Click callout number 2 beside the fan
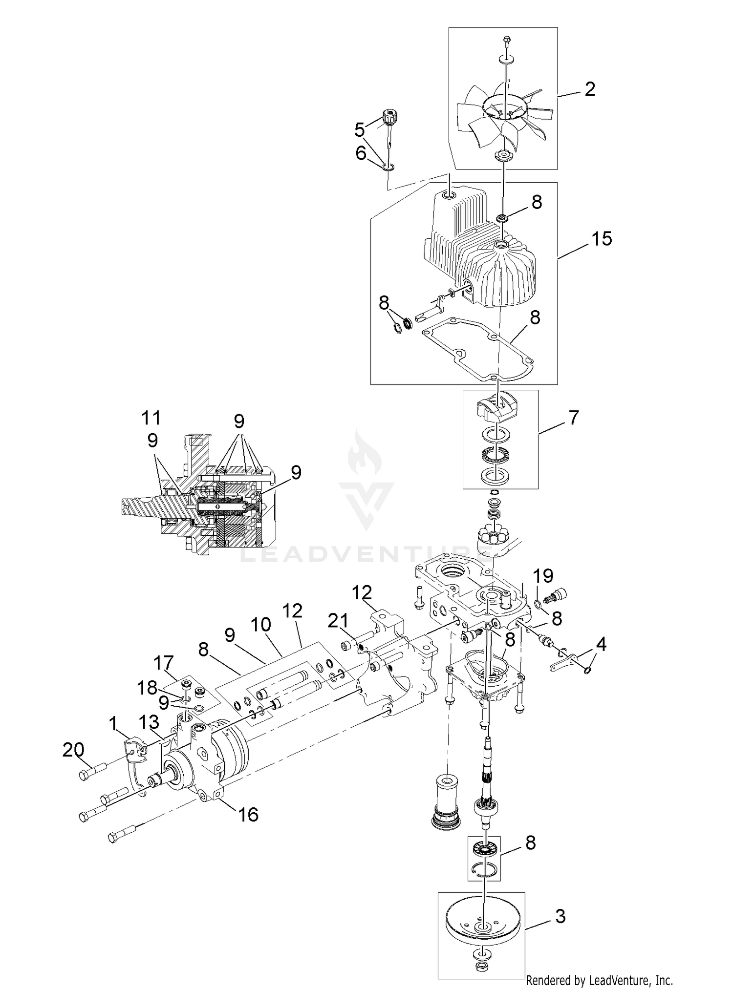coord(590,89)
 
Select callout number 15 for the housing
coord(601,239)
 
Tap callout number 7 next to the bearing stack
coord(573,418)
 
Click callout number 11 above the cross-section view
coord(151,418)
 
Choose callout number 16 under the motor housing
coord(248,814)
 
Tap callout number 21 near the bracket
coord(338,621)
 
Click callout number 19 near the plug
coord(543,576)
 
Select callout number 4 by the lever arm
coord(601,645)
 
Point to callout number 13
coord(149,721)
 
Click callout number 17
coord(163,663)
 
